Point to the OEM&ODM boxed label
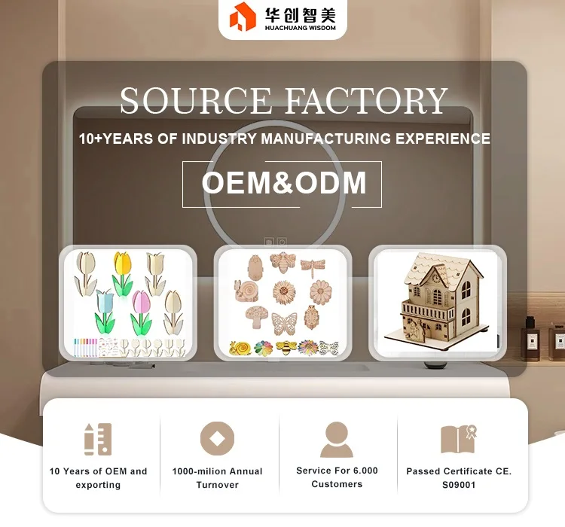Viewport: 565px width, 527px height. pos(282,184)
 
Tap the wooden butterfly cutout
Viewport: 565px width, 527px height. pos(285,324)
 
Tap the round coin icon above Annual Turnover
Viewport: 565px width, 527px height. pos(217,438)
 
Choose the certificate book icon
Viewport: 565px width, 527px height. pos(458,440)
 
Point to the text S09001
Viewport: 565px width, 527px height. pos(459,485)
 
